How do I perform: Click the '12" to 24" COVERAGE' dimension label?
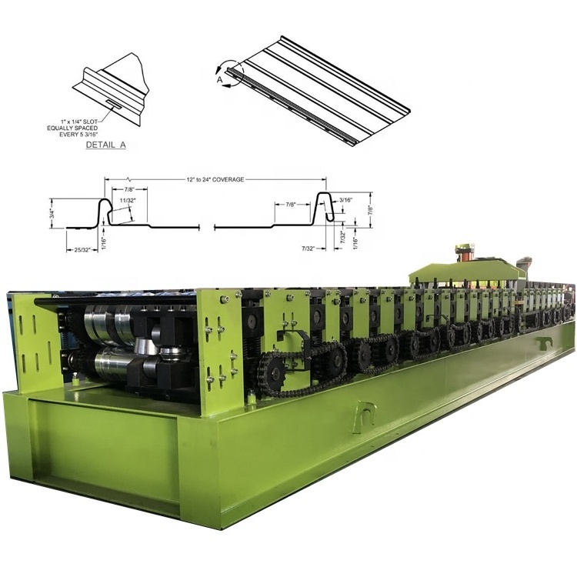[215, 179]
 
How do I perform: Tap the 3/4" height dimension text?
[52, 213]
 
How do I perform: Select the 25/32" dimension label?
[83, 250]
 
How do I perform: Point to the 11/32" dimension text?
[127, 201]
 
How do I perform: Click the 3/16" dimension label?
[346, 200]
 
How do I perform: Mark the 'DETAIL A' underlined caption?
[106, 145]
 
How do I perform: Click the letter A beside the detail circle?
[220, 79]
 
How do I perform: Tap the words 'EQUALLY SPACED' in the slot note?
[72, 128]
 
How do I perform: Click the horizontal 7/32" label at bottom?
[309, 248]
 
